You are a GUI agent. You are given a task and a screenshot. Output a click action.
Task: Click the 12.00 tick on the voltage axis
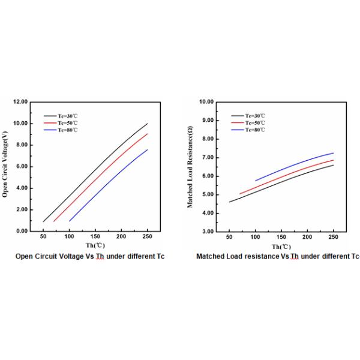click(20, 102)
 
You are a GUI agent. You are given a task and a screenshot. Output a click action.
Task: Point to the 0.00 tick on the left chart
click(22, 231)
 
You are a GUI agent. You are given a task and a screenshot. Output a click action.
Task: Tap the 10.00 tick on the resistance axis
click(206, 102)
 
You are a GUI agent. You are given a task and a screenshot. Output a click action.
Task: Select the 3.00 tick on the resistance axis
click(207, 231)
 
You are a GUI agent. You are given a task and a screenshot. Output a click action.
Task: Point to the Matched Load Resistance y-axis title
click(190, 167)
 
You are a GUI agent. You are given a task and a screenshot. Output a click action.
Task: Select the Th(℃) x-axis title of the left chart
click(95, 247)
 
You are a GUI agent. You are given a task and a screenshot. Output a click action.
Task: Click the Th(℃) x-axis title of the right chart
click(281, 247)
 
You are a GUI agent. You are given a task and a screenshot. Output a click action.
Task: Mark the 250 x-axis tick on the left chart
click(148, 238)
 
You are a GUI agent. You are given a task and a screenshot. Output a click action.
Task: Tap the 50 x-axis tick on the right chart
click(229, 238)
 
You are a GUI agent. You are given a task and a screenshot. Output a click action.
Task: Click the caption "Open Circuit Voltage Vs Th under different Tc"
click(89, 257)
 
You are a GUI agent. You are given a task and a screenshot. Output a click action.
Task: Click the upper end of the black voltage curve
click(148, 124)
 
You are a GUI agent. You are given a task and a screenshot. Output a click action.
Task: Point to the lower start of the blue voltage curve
click(70, 221)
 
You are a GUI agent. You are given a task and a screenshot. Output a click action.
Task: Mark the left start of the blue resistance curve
click(256, 180)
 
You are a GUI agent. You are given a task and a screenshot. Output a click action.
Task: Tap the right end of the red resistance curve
click(333, 160)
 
